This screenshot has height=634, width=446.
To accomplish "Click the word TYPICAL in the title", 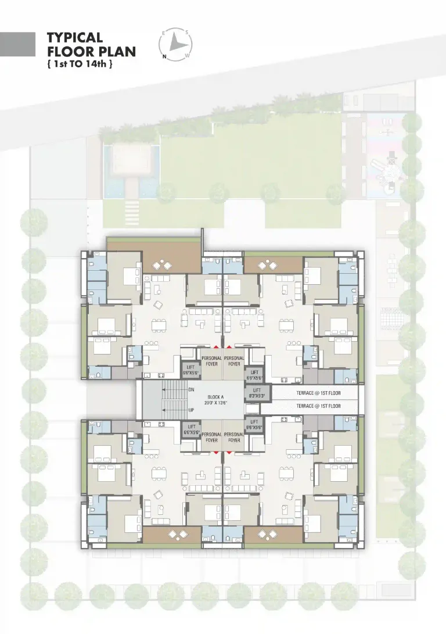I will [x=74, y=38].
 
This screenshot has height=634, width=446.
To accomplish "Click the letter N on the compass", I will [x=164, y=56].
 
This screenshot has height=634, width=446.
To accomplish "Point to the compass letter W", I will [x=186, y=56].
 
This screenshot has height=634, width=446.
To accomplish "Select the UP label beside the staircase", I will [x=191, y=410].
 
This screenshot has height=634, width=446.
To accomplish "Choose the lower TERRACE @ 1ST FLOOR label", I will [x=318, y=406].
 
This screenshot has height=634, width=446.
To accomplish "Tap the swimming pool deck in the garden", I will [x=131, y=156].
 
